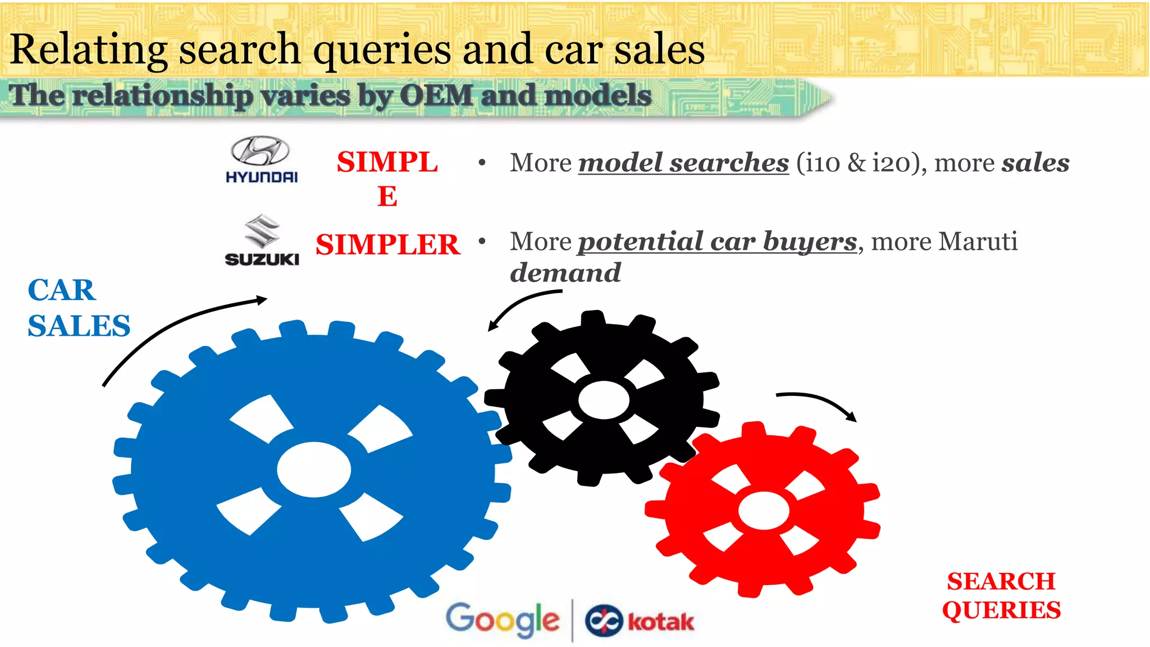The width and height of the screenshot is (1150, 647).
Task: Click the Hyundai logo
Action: point(261,160)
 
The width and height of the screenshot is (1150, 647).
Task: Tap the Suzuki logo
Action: point(262,240)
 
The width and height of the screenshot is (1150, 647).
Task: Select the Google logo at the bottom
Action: point(503,620)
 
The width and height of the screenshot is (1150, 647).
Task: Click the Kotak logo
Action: point(640,621)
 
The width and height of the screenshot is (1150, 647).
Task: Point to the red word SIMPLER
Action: point(387,245)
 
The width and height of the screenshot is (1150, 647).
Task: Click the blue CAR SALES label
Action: point(79,308)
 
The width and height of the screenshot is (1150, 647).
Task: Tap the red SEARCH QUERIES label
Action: point(1001,595)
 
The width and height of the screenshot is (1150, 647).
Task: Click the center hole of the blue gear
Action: point(314,470)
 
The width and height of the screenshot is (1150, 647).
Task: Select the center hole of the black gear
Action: point(604,400)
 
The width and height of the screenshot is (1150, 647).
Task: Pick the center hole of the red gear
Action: point(764,510)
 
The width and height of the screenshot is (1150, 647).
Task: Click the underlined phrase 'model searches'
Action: point(683,163)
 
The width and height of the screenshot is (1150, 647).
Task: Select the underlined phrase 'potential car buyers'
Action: point(718,242)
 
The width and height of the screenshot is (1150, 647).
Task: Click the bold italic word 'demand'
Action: point(565,273)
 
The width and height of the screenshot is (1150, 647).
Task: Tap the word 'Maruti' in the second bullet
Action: point(978,242)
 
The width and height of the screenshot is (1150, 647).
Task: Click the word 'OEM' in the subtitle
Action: point(436,95)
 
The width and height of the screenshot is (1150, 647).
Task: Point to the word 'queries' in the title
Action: point(382,49)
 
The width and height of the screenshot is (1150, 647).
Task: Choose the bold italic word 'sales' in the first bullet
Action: point(1035,163)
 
